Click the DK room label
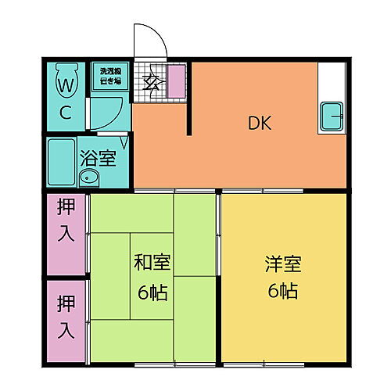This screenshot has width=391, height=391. point(260,123)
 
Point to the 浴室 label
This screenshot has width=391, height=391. point(98,157)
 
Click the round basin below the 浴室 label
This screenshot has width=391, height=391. point(88,178)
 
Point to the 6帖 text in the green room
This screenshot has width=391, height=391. point(152,292)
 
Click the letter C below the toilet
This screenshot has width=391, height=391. point(66,112)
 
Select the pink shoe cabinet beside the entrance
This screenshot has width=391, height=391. point(177,81)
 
